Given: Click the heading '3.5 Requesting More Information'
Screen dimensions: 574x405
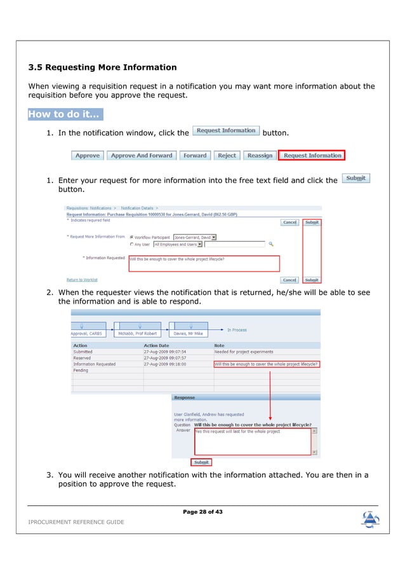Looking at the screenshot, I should [x=102, y=67].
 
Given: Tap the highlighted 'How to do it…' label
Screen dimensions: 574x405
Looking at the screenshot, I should [x=65, y=114].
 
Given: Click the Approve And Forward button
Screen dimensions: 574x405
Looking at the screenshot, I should [x=141, y=155].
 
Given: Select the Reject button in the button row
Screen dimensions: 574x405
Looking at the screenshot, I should [x=227, y=155].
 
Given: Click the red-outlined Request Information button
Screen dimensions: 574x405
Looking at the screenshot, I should [x=312, y=155].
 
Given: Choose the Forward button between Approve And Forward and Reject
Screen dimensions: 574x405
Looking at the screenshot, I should [x=195, y=155].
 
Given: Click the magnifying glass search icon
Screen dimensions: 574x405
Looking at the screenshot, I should [x=271, y=243].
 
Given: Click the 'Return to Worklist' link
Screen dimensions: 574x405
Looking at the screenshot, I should [x=82, y=280].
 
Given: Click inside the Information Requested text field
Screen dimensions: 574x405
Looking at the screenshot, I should [x=203, y=263].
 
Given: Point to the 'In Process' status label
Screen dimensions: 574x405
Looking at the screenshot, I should [x=237, y=330].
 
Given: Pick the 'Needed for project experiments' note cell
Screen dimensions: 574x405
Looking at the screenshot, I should [x=244, y=352].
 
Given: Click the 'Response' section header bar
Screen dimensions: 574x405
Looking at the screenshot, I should [x=245, y=398].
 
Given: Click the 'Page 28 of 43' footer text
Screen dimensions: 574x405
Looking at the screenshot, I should [x=202, y=512].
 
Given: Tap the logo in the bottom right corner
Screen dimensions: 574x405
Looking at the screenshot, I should [x=369, y=519].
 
